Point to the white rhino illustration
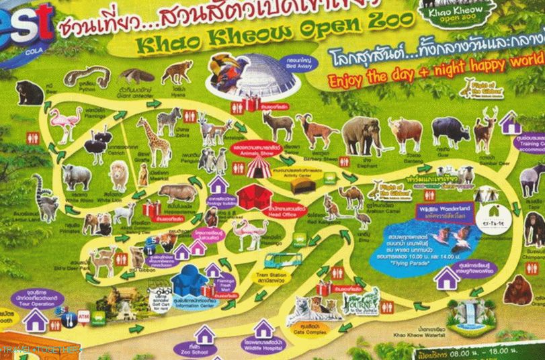pos(77,177)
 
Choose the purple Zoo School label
pos(203,349)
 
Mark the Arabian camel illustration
pos(351,197)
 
